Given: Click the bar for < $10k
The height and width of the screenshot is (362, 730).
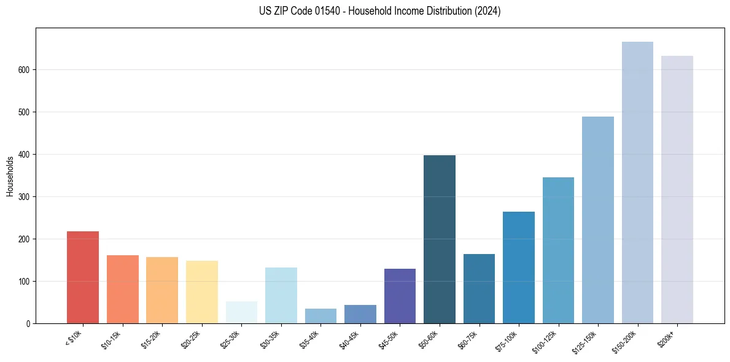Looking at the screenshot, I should click(83, 277).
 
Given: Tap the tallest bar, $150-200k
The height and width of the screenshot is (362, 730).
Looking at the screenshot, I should click(637, 183).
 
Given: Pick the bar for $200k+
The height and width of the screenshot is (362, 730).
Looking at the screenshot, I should click(677, 190).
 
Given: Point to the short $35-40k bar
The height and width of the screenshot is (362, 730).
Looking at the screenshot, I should click(320, 316).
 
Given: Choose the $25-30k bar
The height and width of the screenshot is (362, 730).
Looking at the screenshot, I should click(241, 312).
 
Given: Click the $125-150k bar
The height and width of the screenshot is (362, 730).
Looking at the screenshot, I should click(598, 220).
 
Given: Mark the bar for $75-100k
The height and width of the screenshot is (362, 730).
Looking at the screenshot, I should click(519, 268).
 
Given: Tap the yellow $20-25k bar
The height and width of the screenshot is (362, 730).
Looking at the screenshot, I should click(202, 292).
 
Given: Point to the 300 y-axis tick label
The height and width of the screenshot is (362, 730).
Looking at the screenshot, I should click(24, 197).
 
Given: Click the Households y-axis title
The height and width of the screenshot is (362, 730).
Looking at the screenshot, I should click(10, 175).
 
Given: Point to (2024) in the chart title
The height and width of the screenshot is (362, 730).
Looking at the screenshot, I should click(487, 11).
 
